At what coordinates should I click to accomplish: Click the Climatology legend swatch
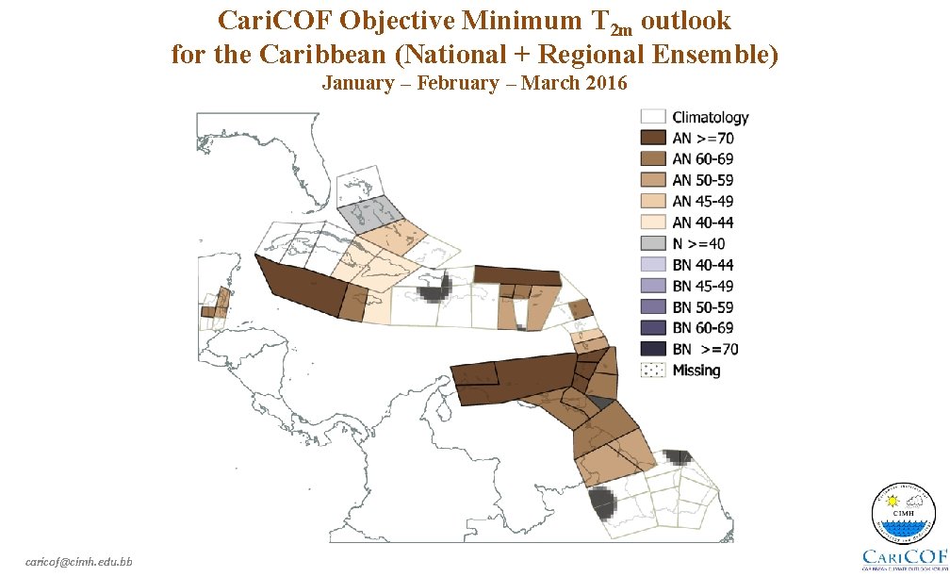click(x=653, y=117)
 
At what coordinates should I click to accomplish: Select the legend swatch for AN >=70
click(x=653, y=138)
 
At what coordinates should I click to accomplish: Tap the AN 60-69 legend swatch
click(x=653, y=159)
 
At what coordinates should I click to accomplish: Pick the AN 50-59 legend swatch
click(x=653, y=180)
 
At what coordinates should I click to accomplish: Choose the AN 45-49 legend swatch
click(x=653, y=201)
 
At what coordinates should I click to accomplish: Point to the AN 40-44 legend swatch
click(x=653, y=223)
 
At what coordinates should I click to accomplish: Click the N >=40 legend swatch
click(x=653, y=243)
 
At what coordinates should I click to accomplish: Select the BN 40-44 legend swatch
click(x=653, y=265)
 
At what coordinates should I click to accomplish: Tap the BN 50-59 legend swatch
click(x=653, y=306)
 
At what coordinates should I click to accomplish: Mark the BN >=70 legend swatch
click(x=653, y=349)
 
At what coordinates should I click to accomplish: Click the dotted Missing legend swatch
click(x=653, y=370)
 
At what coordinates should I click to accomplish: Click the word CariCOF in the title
click(x=270, y=20)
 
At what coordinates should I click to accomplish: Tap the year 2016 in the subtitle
click(x=605, y=83)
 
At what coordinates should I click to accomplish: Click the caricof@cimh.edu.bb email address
click(x=79, y=562)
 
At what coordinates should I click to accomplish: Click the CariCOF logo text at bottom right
click(x=906, y=557)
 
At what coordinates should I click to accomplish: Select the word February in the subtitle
click(x=458, y=83)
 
